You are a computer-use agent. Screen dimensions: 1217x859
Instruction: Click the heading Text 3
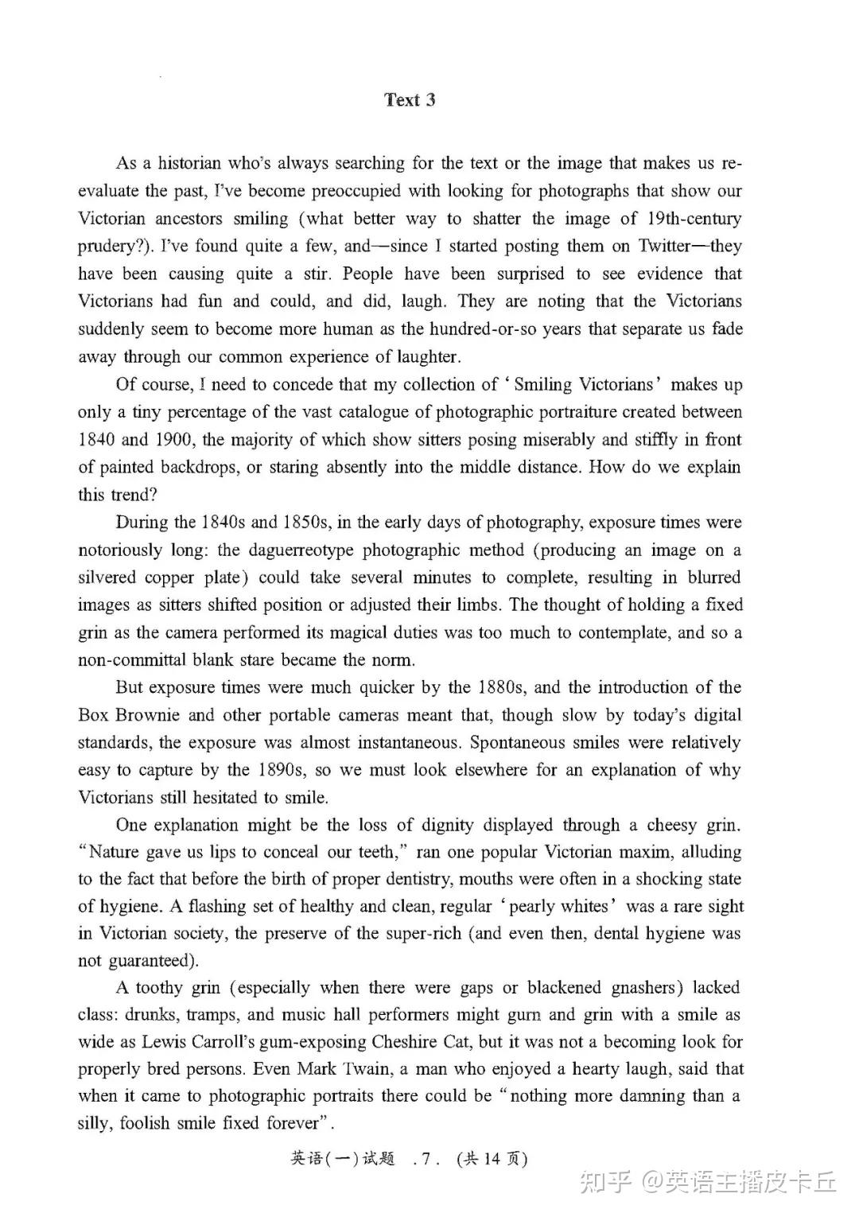point(410,100)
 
